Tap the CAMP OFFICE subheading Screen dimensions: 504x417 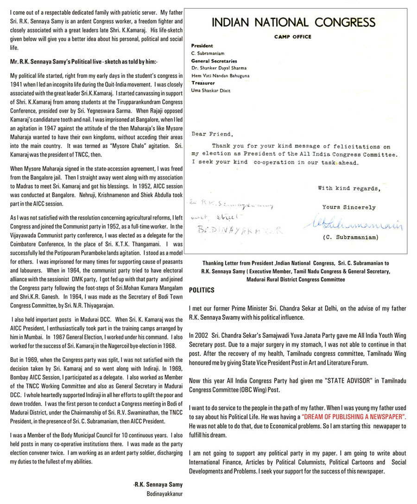[292, 37]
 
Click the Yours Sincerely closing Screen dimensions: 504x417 [349, 207]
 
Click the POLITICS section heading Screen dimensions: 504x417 [202, 290]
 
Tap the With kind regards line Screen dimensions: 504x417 [349, 188]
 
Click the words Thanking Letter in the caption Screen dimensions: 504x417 [221, 263]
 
